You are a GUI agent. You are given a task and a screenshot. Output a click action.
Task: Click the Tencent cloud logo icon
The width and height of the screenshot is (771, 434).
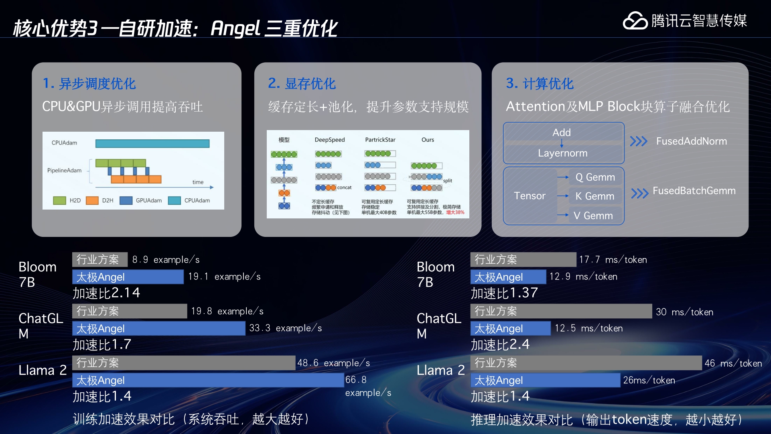[635, 21]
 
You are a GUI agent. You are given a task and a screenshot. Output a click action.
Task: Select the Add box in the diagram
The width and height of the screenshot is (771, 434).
[563, 132]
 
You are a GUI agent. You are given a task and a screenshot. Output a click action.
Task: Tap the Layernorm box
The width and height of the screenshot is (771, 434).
[563, 153]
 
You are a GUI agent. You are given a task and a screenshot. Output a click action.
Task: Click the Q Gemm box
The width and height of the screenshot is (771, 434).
[595, 177]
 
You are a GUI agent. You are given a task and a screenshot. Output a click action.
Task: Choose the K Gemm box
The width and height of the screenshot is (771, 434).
[595, 196]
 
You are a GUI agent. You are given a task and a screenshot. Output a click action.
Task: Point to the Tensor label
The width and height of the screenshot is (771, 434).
[530, 196]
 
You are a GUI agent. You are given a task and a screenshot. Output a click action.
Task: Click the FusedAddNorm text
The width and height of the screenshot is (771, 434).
[691, 141]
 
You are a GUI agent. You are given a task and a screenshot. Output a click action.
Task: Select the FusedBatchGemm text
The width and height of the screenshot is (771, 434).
[694, 191]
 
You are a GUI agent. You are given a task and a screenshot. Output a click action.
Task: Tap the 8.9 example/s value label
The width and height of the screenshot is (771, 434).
[166, 260]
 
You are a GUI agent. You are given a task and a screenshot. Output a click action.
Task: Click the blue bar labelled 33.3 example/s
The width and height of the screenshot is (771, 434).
[158, 328]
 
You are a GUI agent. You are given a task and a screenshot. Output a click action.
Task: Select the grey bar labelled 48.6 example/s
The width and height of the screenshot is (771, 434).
[184, 363]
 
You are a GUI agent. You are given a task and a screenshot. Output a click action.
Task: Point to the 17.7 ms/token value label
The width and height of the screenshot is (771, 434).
[613, 260]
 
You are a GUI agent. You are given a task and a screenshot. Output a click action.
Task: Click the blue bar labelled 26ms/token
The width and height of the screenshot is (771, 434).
[545, 380]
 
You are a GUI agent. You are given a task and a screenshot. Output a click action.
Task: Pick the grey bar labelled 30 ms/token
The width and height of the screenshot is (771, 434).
[561, 311]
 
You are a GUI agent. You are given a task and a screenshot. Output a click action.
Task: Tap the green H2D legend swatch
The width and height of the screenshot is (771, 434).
[60, 200]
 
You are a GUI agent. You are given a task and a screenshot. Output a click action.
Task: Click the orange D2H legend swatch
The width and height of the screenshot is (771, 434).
[92, 200]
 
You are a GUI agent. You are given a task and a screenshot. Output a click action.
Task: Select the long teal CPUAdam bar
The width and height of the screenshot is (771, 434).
[152, 143]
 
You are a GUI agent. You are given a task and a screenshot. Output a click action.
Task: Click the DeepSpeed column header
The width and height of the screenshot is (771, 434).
[329, 140]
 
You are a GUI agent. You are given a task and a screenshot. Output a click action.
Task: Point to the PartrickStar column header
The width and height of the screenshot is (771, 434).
[380, 140]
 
